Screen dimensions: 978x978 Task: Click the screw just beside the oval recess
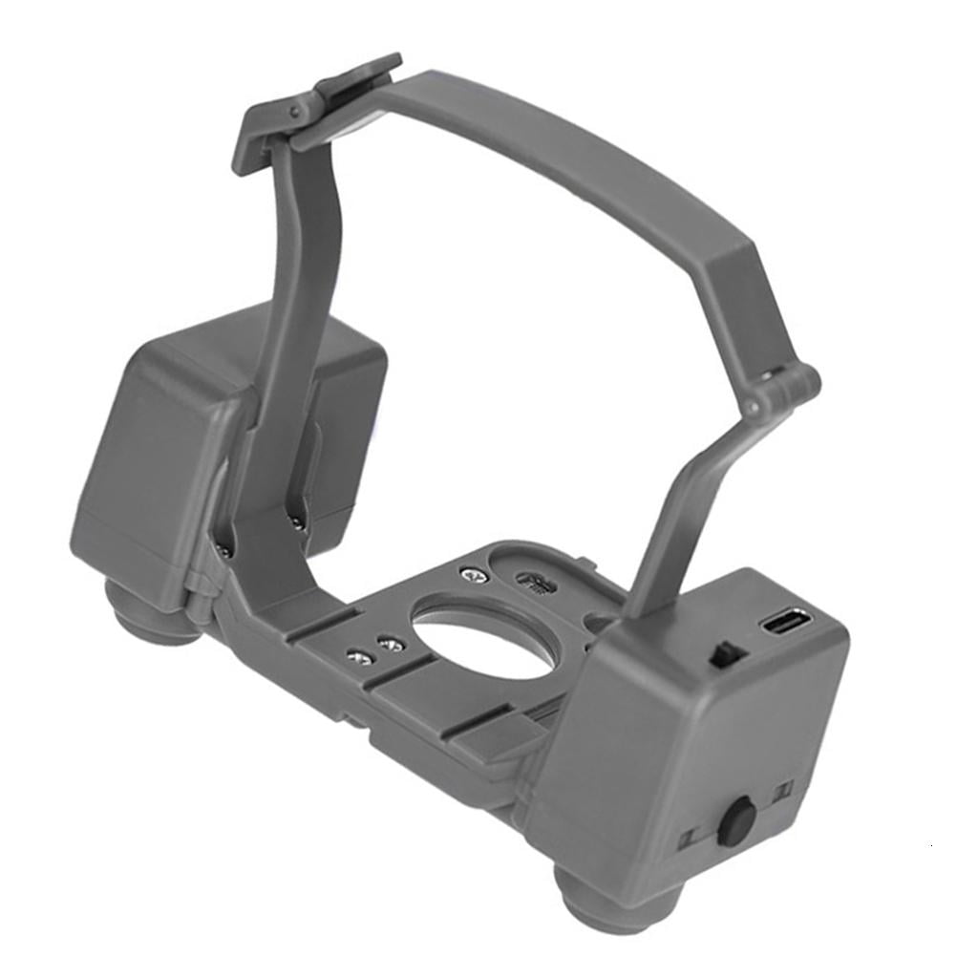click(471, 573)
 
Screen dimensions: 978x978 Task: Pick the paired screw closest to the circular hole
click(389, 645)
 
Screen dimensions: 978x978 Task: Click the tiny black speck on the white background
click(933, 845)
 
